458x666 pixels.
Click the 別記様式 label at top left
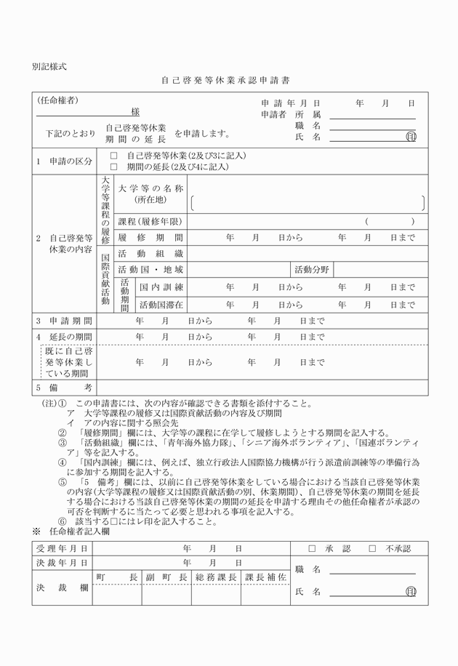49,66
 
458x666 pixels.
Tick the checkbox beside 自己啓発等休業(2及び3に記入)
113,156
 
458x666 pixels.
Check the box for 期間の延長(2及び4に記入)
113,166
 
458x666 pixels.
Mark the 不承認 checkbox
372,548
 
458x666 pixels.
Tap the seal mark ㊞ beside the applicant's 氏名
411,136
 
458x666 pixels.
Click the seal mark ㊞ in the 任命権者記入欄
411,592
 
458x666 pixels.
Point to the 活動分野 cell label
313,270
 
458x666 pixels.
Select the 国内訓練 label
161,287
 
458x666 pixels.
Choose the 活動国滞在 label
161,304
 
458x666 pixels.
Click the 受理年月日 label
62,548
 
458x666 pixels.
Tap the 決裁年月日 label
62,563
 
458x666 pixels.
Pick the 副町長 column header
166,577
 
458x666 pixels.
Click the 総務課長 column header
216,577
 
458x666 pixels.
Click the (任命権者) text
58,100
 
